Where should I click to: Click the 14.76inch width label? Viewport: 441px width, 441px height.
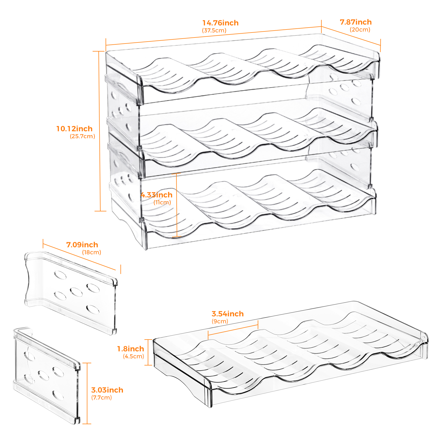pos(220,23)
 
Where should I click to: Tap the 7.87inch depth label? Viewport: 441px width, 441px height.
pos(356,22)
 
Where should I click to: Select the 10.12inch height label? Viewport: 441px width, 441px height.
pos(74,129)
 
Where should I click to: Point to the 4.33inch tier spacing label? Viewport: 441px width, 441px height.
pos(157,195)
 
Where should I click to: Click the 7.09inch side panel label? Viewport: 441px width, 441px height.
pos(82,245)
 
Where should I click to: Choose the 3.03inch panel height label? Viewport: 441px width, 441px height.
pos(107,390)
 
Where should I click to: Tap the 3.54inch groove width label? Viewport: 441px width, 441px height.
pos(228,314)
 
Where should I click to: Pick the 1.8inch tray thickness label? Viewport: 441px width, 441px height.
pos(131,349)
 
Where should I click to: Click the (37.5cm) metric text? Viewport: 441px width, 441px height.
pos(214,30)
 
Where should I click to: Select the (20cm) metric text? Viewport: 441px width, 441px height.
pos(360,29)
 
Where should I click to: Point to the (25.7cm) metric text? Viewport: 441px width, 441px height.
pos(82,136)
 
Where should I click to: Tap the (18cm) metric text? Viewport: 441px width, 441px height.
pos(92,252)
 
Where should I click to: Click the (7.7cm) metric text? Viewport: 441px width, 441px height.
pos(101,397)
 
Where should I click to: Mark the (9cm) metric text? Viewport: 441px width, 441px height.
pos(220,321)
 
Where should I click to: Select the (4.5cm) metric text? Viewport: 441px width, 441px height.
pos(133,356)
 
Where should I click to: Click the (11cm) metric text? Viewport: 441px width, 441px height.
pos(162,202)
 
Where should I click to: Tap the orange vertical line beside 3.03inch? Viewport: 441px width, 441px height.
pos(87,393)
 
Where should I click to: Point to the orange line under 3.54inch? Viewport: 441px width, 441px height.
pos(233,329)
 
